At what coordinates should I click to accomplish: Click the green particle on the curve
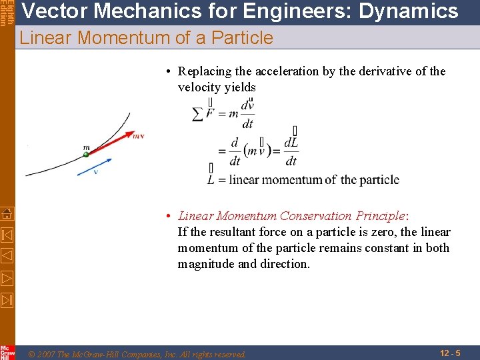(x=86, y=155)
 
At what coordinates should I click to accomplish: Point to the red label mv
(x=138, y=136)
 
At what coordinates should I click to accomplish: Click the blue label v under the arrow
(x=95, y=172)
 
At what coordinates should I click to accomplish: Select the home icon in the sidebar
(x=7, y=214)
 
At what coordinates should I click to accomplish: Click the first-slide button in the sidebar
(x=7, y=235)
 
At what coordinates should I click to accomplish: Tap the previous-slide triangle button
(x=7, y=255)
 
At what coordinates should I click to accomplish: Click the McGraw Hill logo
(x=7, y=352)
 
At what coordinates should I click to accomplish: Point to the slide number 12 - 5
(x=450, y=352)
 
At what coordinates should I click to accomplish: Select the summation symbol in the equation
(x=197, y=115)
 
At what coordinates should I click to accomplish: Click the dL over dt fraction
(x=291, y=152)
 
